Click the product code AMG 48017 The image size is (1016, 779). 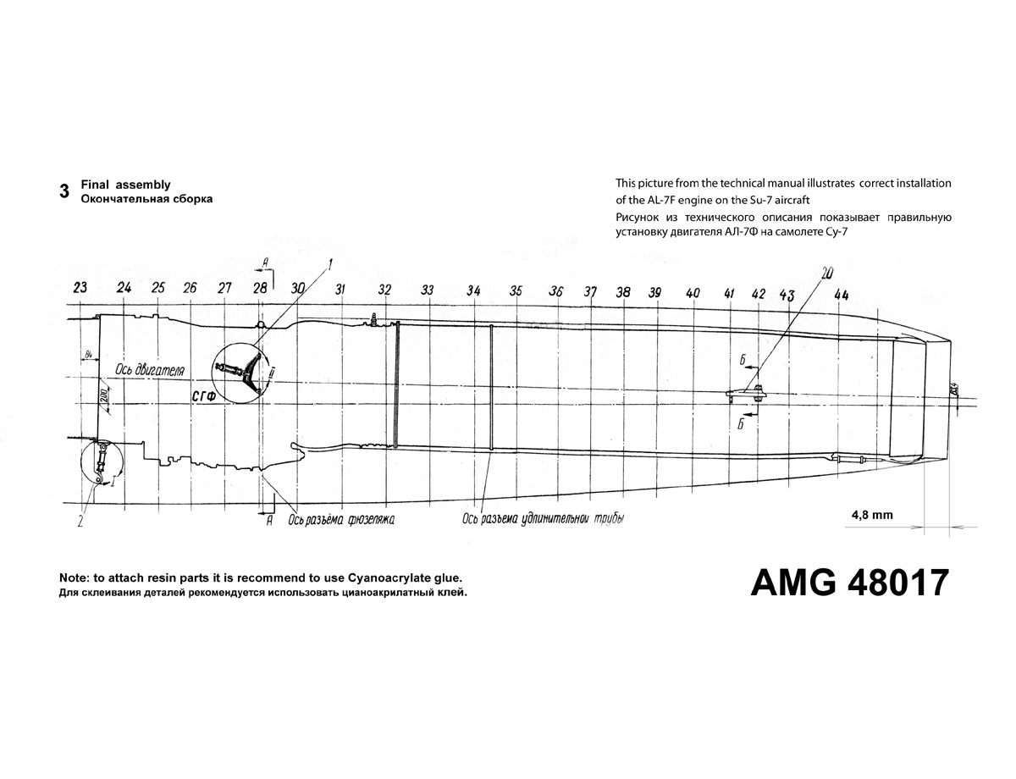pos(849,583)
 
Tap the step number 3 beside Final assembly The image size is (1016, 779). pos(64,191)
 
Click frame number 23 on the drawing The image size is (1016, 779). pos(80,288)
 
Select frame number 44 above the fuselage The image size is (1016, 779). pos(841,295)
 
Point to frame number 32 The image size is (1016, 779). pos(385,290)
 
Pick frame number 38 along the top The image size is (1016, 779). pos(624,292)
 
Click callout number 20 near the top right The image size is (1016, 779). pos(826,273)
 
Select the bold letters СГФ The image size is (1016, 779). pos(202,395)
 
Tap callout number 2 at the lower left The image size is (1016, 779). pos(80,522)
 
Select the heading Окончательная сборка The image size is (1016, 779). pos(146,199)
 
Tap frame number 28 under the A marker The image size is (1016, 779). pos(260,288)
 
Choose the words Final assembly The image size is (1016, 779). pos(125,185)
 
